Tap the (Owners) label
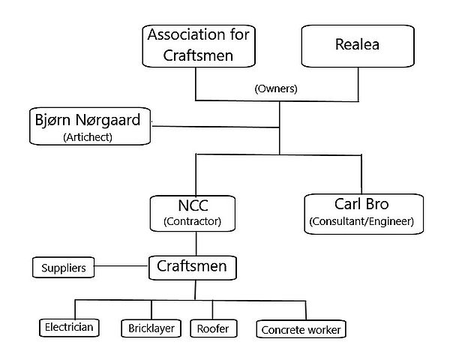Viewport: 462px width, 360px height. click(x=276, y=88)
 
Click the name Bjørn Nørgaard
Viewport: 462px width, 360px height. click(x=88, y=119)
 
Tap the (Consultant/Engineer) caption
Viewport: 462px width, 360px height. click(x=361, y=223)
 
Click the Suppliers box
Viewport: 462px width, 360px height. click(x=64, y=266)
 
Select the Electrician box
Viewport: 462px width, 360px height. click(x=67, y=328)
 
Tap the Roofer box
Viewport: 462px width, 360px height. click(x=212, y=328)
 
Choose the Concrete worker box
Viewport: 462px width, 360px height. click(x=301, y=329)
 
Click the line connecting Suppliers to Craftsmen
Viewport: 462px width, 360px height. click(x=123, y=266)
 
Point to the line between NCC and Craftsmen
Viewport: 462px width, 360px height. click(x=196, y=244)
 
